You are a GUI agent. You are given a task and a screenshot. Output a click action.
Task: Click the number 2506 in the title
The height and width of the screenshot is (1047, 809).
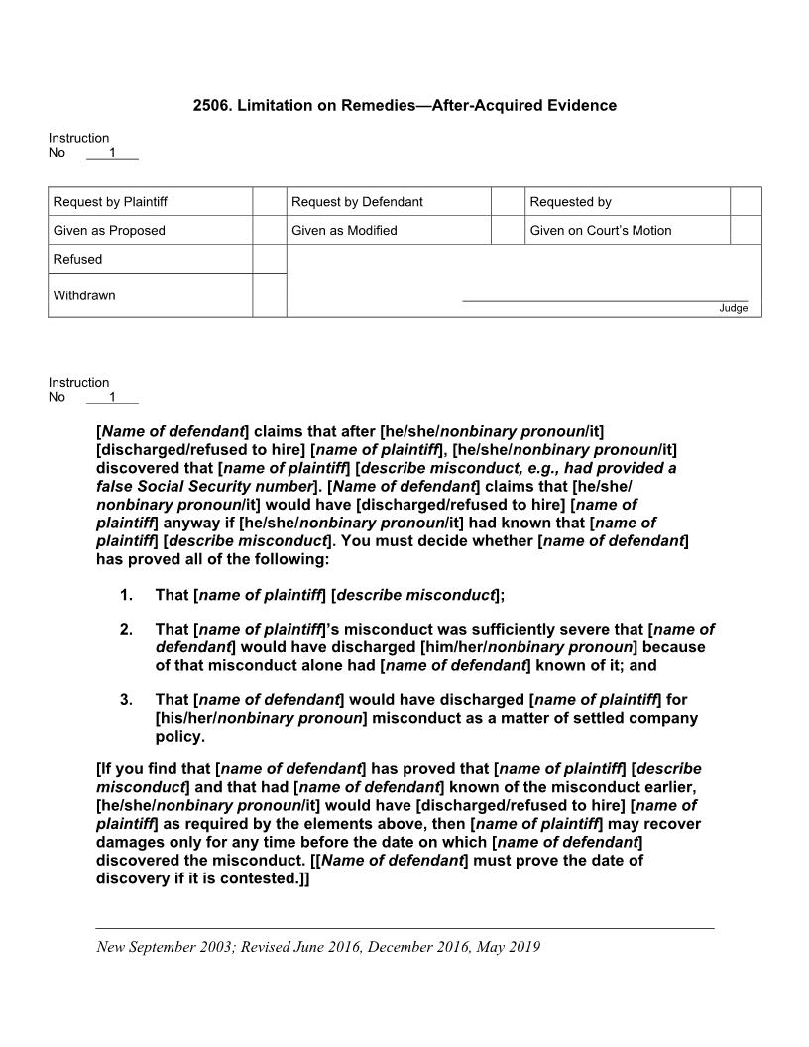coord(211,105)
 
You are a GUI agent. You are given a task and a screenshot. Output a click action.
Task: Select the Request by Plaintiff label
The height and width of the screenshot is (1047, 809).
coord(110,202)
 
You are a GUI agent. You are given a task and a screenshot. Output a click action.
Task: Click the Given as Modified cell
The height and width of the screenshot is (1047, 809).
coord(344,231)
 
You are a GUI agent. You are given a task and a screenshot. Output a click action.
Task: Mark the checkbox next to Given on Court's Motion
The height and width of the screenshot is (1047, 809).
coord(746,231)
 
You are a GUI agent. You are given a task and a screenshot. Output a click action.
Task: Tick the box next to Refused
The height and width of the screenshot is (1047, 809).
coord(269,259)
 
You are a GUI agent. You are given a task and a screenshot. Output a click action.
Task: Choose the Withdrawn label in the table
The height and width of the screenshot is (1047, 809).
coord(84,295)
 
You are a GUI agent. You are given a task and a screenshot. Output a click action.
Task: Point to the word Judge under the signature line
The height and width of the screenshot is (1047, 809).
coord(734,308)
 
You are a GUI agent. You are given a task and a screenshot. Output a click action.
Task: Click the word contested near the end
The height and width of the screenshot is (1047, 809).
coord(253,877)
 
